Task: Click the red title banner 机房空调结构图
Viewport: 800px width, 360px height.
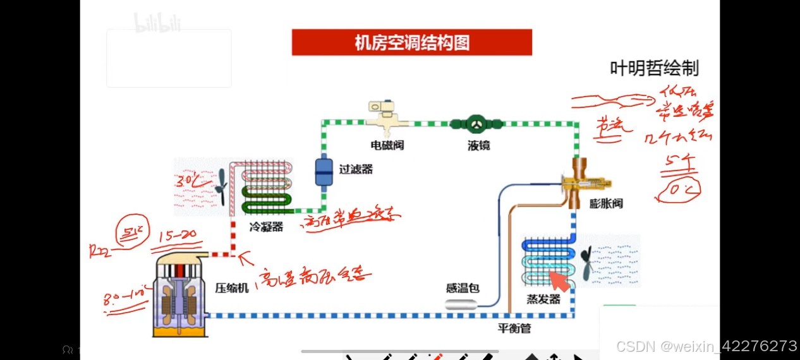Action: click(411, 42)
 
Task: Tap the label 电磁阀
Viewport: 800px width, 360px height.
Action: click(387, 145)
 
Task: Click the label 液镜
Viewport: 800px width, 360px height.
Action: click(479, 145)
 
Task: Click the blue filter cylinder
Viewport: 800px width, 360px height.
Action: click(324, 171)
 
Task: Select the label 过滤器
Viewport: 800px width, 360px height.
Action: click(356, 169)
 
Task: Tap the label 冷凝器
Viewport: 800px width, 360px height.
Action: click(267, 227)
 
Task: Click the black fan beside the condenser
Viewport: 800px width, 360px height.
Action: click(221, 187)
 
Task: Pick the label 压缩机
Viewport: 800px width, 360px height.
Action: click(232, 288)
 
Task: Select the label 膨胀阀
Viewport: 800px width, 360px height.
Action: click(606, 203)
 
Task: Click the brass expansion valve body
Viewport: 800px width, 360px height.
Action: click(581, 183)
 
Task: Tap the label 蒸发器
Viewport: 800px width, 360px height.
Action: click(544, 299)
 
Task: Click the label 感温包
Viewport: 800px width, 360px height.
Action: click(463, 289)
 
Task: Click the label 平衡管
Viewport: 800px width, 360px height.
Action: click(514, 328)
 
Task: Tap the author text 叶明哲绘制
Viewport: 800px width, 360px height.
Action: click(654, 68)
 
